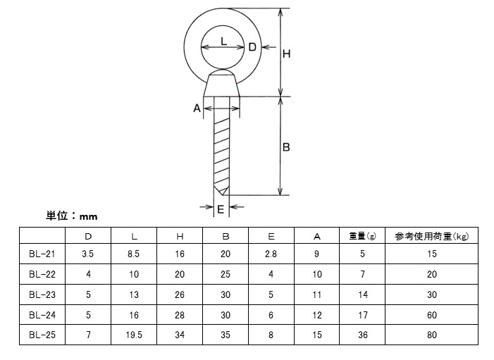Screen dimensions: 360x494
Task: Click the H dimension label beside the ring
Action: coord(287,54)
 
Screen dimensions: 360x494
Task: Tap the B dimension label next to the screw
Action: coord(286,147)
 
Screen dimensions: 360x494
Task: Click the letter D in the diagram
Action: coord(252,47)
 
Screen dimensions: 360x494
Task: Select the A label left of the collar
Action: coord(197,108)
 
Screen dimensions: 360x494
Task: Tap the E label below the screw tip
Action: coord(221,209)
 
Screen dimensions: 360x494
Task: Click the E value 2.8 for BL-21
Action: coord(271,254)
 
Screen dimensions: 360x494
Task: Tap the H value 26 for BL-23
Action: coord(180,294)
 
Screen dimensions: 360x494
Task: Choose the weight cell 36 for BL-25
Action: coord(362,335)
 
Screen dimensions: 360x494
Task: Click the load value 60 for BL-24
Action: coord(432,315)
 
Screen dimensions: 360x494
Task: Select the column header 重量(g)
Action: coord(362,235)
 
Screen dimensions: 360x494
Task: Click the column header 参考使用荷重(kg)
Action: coord(432,235)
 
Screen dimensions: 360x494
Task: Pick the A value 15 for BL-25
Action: coord(317,335)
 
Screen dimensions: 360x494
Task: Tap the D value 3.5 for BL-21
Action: coord(88,254)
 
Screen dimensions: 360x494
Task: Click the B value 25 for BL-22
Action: coord(226,274)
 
